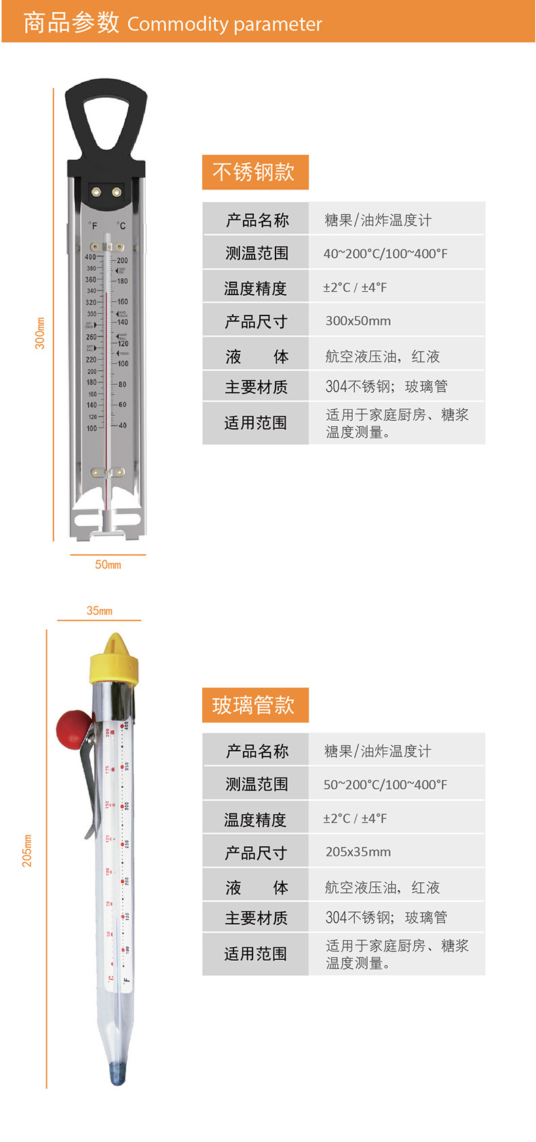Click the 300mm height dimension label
click(x=40, y=333)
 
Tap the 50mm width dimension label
click(x=108, y=565)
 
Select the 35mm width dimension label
click(x=99, y=611)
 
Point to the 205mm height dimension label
click(x=27, y=850)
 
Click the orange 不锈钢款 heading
click(x=255, y=172)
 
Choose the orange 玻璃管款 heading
click(x=255, y=705)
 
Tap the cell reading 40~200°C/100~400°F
click(x=385, y=254)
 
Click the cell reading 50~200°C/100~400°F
click(x=385, y=785)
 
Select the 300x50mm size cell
click(x=358, y=321)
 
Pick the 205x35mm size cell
click(x=358, y=852)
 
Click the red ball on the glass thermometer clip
click(x=70, y=727)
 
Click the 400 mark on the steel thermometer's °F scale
click(x=90, y=257)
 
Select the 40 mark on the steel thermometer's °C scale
click(x=122, y=425)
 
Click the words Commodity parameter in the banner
click(x=225, y=24)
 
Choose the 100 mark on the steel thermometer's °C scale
click(x=123, y=364)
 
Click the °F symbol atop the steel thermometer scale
click(x=92, y=226)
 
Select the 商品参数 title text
click(x=71, y=23)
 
